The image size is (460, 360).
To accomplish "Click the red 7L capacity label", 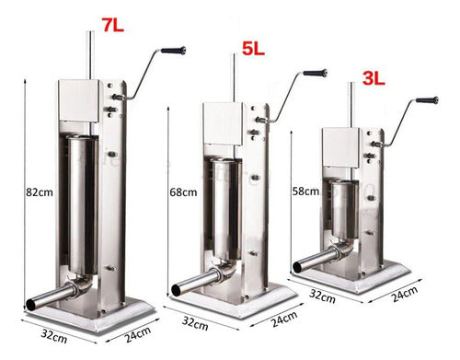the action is point(113,25).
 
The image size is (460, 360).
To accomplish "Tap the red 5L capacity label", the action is point(253,49).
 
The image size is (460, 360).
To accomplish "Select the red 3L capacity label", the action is point(374,78).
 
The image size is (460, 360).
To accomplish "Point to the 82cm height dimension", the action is point(40,192).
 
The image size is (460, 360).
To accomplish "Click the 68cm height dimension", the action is point(183,192).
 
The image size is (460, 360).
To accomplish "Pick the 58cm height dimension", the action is point(305,192).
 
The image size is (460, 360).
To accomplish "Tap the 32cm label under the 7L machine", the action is point(54,336).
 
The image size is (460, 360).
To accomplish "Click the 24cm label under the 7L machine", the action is point(138,334).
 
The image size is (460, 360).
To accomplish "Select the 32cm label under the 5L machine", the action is point(195,323).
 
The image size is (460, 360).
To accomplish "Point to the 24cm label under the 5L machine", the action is point(284,319).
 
